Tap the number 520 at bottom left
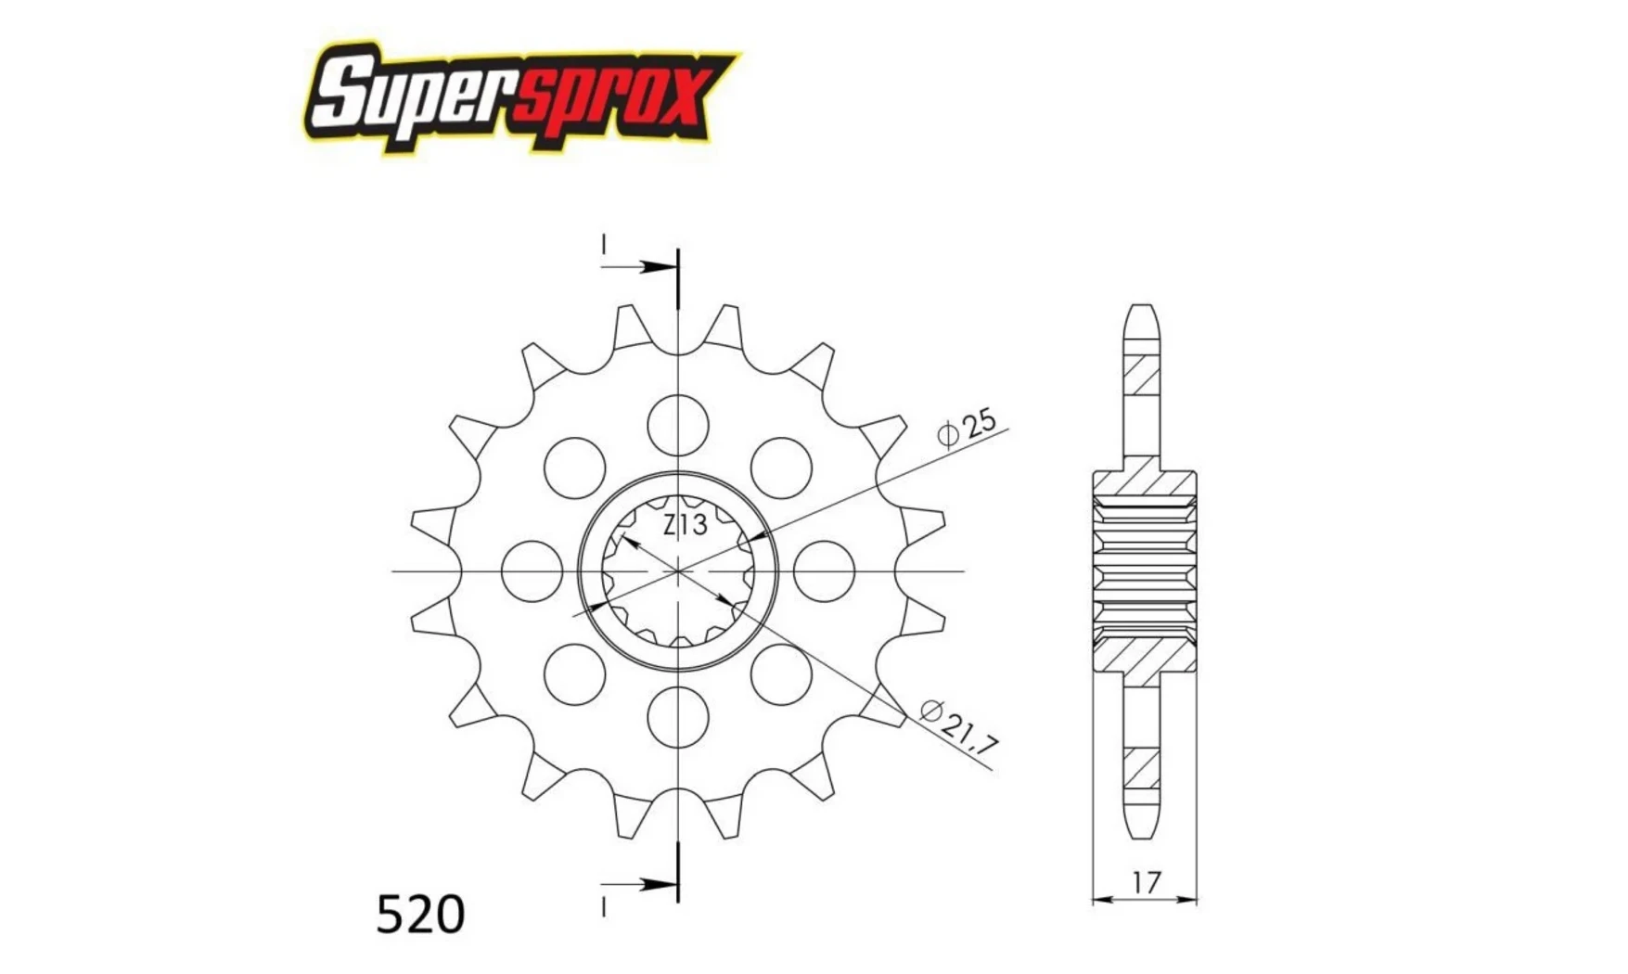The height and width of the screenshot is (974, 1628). (x=420, y=915)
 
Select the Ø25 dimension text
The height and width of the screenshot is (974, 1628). (x=967, y=428)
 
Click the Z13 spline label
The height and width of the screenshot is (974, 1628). (x=686, y=525)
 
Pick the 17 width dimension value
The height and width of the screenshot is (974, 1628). (x=1147, y=882)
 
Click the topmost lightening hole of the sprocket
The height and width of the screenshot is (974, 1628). (x=678, y=426)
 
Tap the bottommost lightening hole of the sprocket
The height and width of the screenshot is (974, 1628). (x=678, y=717)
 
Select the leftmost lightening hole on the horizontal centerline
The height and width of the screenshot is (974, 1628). (x=532, y=571)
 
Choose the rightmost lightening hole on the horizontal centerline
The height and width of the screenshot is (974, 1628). (x=824, y=571)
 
